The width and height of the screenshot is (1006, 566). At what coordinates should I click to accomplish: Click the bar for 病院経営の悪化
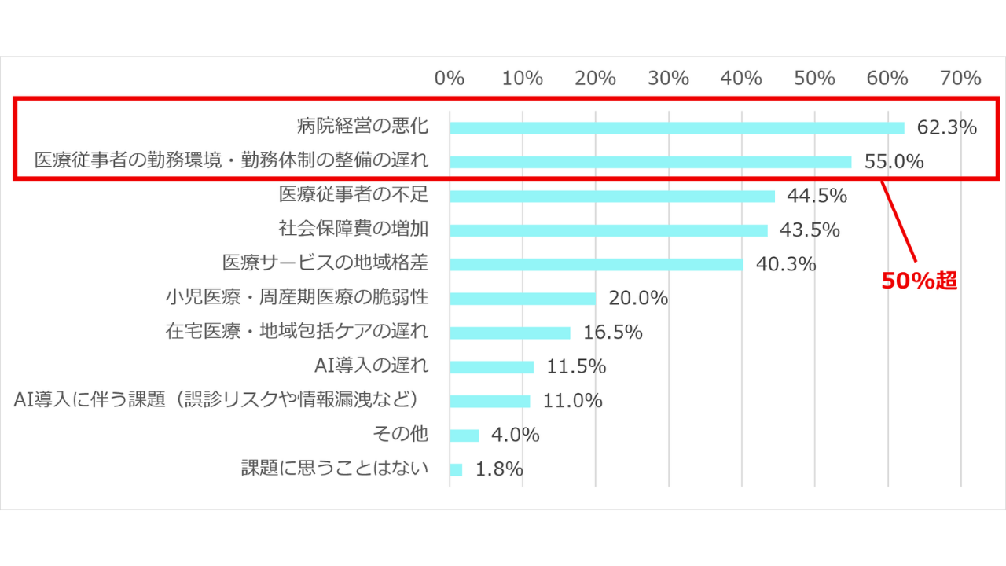(x=677, y=127)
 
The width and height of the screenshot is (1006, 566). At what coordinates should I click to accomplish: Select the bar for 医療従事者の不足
(x=612, y=196)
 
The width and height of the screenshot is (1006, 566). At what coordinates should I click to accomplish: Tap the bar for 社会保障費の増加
(x=608, y=230)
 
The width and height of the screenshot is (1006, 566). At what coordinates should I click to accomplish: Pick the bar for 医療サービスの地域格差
(x=597, y=264)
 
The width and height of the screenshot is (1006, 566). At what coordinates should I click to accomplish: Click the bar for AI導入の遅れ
(x=492, y=367)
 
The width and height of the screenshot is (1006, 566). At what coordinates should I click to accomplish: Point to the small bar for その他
(x=464, y=436)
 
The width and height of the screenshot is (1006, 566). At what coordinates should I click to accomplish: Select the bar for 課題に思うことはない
(x=457, y=469)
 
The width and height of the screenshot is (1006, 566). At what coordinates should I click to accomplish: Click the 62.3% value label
(x=947, y=127)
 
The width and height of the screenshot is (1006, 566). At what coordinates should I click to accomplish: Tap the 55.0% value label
(x=894, y=162)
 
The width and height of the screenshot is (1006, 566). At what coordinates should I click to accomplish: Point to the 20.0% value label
(x=638, y=299)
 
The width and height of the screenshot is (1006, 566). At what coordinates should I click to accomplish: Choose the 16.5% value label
(x=612, y=333)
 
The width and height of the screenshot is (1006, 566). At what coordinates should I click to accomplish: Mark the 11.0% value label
(x=572, y=401)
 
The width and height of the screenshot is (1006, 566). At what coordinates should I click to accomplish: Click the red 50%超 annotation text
(x=919, y=281)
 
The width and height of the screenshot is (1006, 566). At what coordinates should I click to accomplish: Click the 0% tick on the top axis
(x=450, y=79)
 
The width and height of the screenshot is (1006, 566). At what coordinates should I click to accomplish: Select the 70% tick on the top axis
(x=960, y=79)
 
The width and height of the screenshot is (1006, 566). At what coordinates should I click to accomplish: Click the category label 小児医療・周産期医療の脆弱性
(x=297, y=297)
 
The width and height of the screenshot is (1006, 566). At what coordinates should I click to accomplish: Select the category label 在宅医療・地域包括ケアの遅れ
(x=297, y=331)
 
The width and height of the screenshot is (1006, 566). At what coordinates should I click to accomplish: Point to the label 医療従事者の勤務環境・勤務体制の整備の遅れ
(x=232, y=160)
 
